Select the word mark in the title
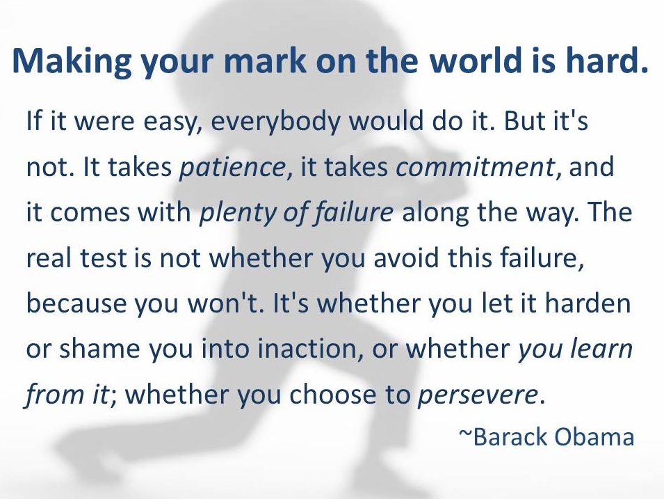268,60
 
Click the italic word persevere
478,395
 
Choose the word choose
332,394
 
